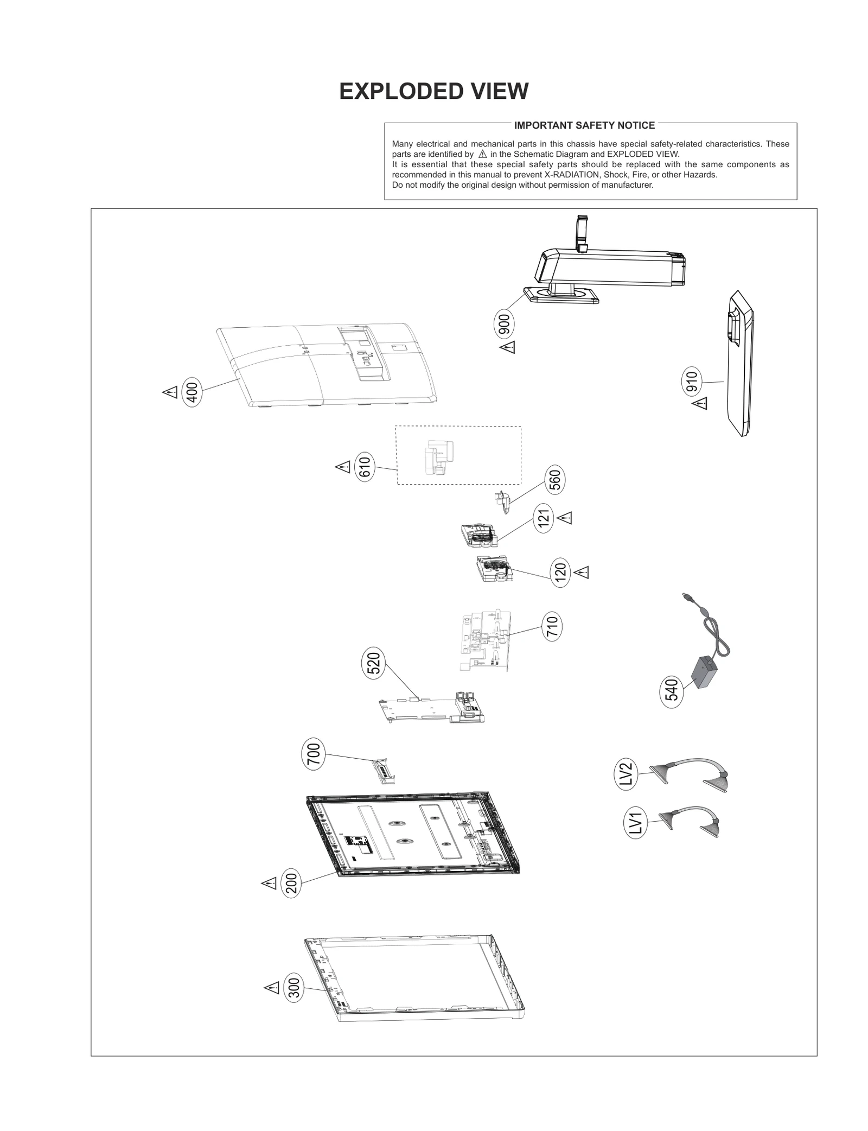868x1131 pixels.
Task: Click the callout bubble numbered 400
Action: click(x=192, y=391)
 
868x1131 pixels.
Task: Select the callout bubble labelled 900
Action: click(x=505, y=325)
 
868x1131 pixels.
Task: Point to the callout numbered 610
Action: click(x=365, y=467)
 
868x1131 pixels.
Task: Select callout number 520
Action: click(x=373, y=663)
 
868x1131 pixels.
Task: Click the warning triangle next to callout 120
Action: click(x=582, y=573)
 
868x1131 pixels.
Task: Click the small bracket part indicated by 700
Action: click(x=383, y=771)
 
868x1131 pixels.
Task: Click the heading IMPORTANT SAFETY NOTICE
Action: click(x=584, y=125)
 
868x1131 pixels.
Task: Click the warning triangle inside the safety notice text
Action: click(x=482, y=154)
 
